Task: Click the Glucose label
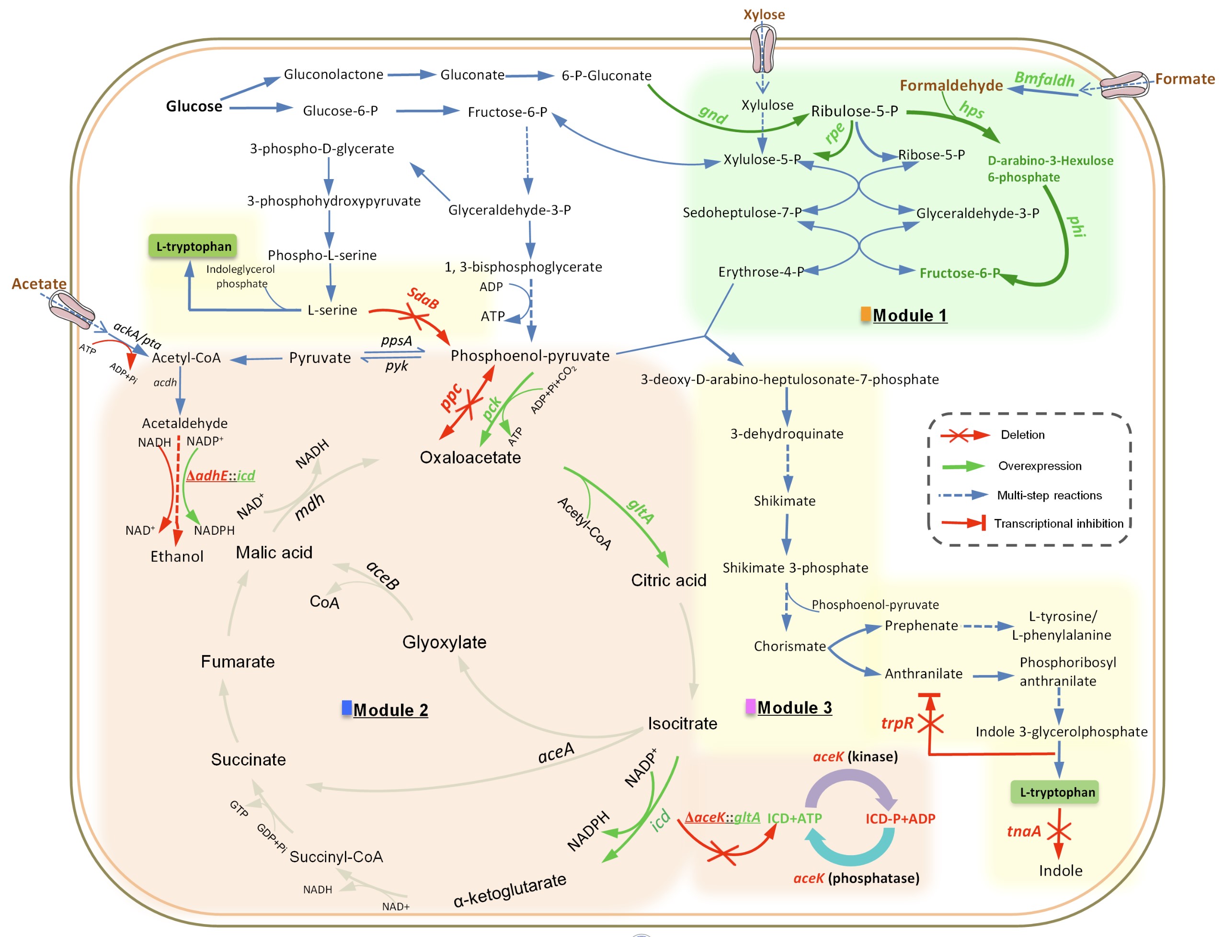[x=194, y=106]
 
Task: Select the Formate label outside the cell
[x=1184, y=79]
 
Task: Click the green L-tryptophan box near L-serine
[x=193, y=246]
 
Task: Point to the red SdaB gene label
[x=423, y=298]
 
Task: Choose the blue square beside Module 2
[x=346, y=708]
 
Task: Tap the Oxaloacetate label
[x=470, y=457]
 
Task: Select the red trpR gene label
[x=896, y=723]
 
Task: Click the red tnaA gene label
[x=1023, y=831]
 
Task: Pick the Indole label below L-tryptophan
[x=1060, y=870]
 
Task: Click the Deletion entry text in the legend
[x=1022, y=434]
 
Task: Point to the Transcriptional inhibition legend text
[x=1058, y=523]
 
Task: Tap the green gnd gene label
[x=713, y=114]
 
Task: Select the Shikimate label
[x=784, y=501]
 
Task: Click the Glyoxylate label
[x=444, y=642]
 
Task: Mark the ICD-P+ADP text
[x=900, y=819]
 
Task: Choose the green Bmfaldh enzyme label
[x=1044, y=79]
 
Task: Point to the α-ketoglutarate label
[x=509, y=890]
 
